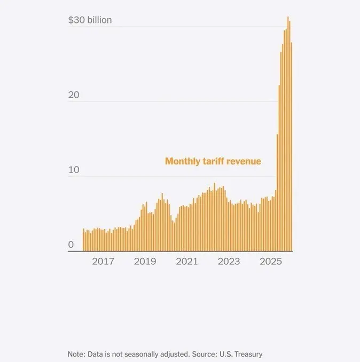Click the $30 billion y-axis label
tap(90, 20)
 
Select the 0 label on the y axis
tap(71, 245)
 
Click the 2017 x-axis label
tap(103, 262)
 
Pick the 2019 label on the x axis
tap(145, 262)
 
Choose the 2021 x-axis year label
tap(187, 262)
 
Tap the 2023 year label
tap(229, 262)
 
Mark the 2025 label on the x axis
tap(271, 262)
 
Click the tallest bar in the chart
tap(287, 133)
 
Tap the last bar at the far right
tap(291, 147)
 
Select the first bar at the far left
tap(83, 240)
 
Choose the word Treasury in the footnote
tap(247, 354)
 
